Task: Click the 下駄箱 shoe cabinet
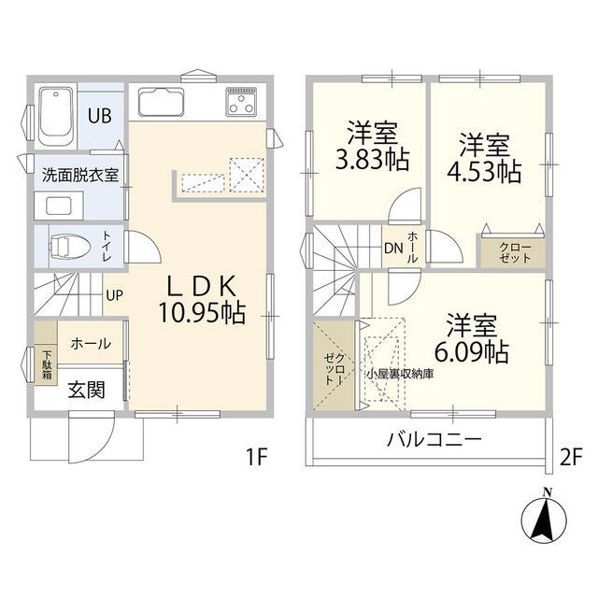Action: (x=45, y=362)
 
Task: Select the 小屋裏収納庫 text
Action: (x=399, y=374)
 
